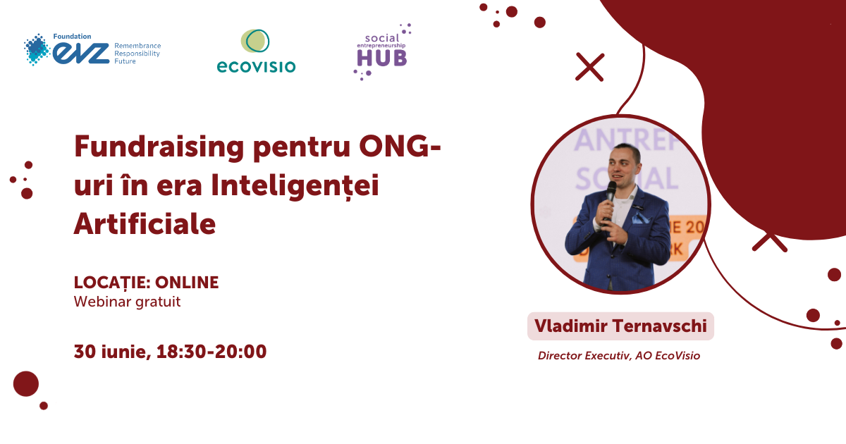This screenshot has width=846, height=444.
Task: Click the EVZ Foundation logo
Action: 92,49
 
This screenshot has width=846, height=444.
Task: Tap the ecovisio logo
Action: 256,51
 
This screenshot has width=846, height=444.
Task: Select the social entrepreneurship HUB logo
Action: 382,51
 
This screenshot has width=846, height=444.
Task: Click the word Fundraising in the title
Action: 159,147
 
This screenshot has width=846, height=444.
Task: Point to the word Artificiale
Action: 145,224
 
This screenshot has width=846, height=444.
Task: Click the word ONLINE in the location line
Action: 187,283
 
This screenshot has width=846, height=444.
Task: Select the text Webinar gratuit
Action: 128,302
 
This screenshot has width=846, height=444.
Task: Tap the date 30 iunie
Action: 113,352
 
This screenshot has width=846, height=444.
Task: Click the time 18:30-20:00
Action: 211,352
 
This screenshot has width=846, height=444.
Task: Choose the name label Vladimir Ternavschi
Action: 620,326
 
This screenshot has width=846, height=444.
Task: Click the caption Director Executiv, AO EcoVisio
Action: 619,356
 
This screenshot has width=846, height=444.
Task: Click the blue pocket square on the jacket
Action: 640,218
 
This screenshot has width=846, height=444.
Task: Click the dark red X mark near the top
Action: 589,67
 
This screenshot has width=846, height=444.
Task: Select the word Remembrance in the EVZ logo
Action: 137,46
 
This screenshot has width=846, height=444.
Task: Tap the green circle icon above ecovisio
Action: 255,41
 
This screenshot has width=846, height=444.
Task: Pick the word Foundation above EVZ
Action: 72,36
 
